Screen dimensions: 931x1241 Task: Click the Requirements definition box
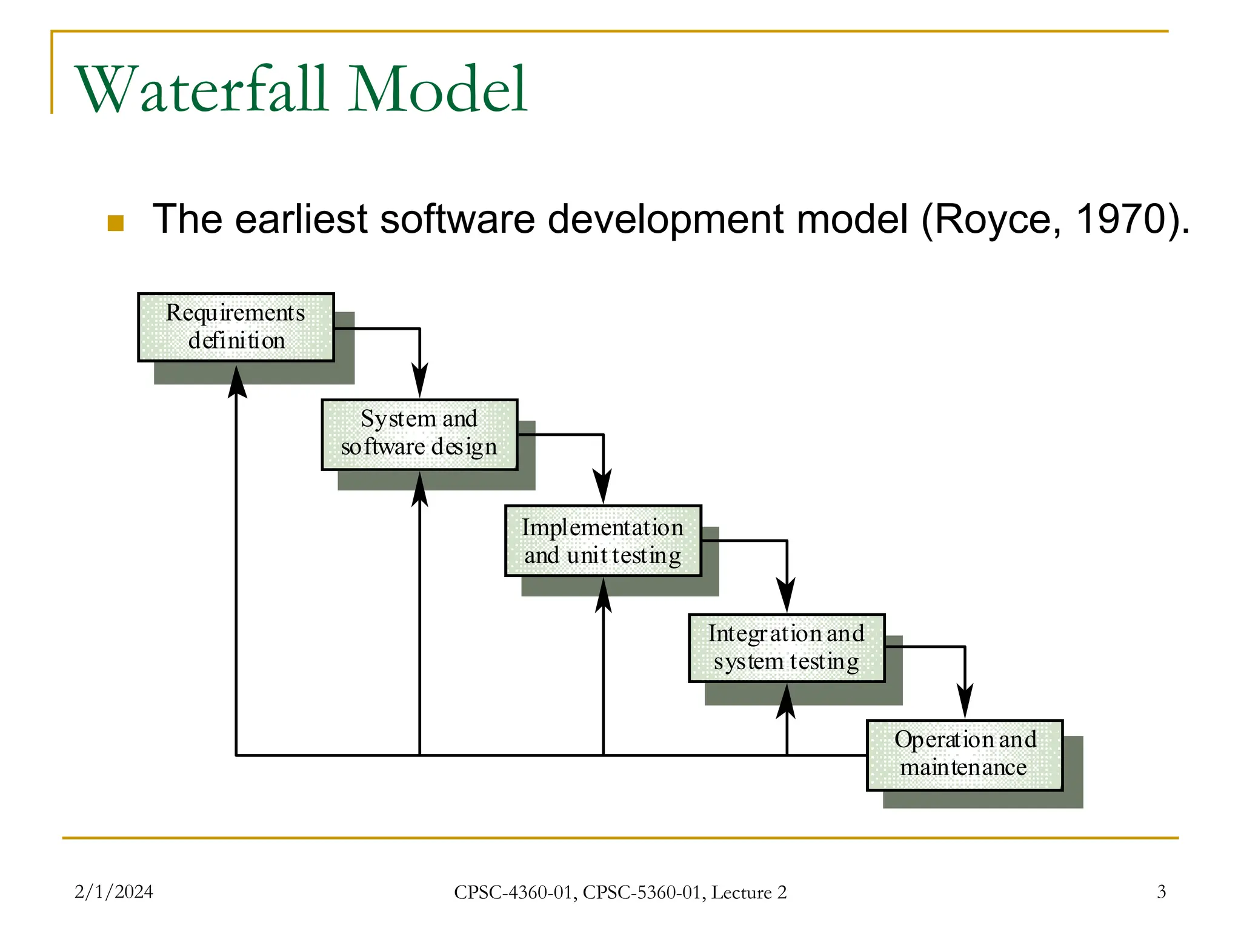[236, 327]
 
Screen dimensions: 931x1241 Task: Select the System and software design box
[419, 434]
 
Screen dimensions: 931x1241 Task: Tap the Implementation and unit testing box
[603, 541]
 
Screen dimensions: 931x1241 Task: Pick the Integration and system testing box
[787, 648]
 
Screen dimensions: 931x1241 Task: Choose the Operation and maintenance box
[965, 755]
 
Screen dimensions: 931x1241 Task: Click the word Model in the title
[437, 90]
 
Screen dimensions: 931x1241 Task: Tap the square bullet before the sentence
[115, 223]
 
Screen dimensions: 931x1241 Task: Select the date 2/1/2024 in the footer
[113, 892]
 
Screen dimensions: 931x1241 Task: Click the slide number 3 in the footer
[1161, 892]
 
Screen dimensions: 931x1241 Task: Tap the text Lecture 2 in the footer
[748, 892]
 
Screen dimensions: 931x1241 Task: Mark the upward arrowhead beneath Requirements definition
[236, 382]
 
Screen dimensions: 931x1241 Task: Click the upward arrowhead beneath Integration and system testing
[786, 702]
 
